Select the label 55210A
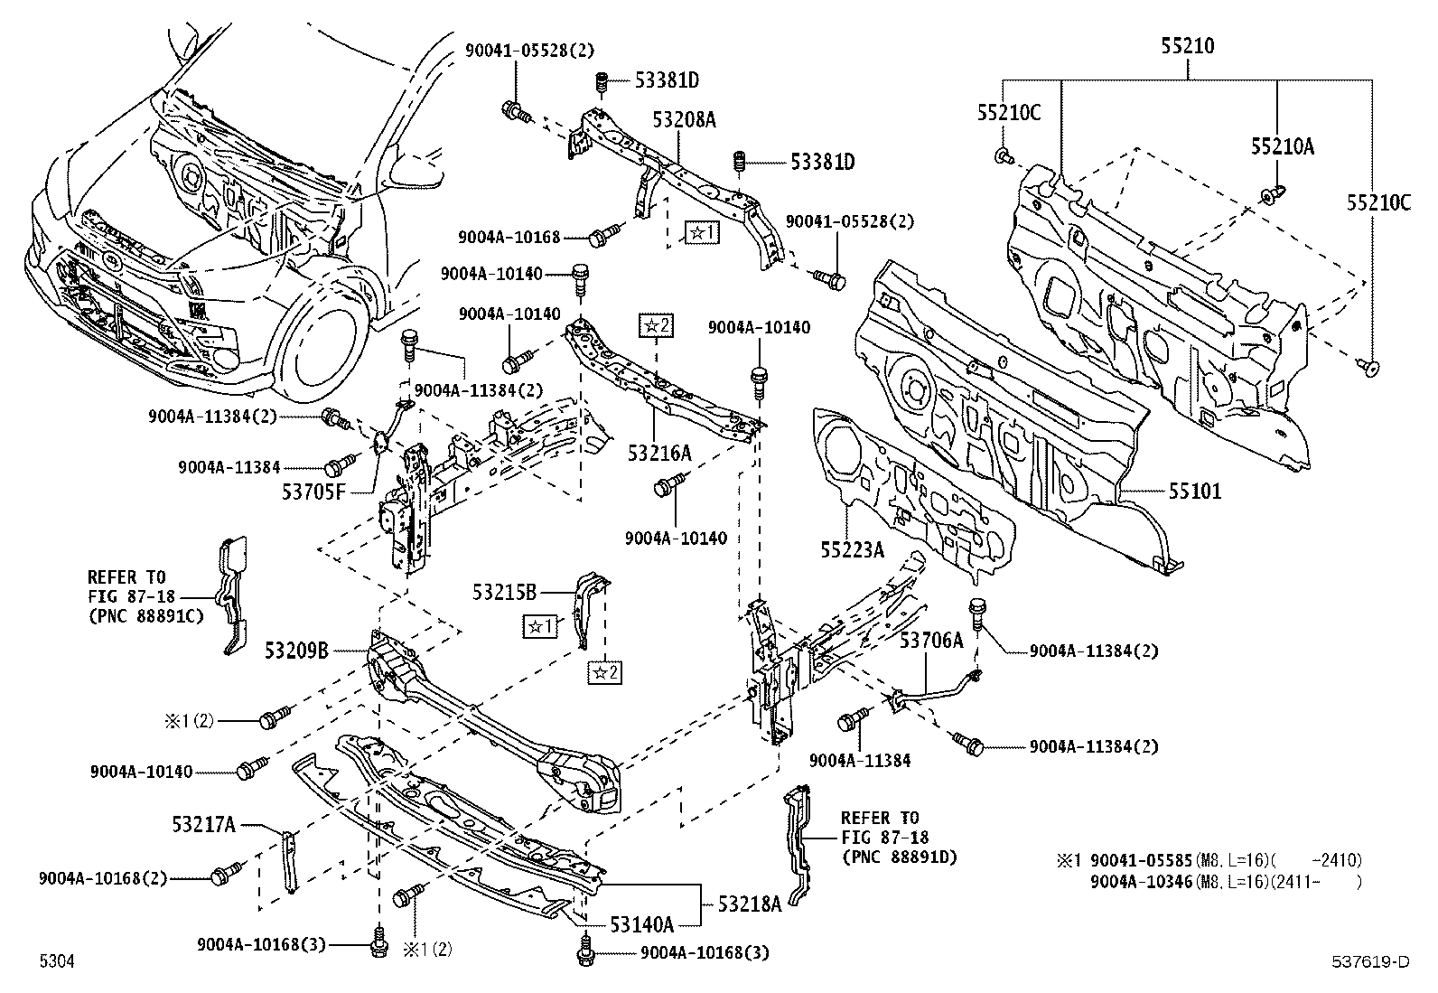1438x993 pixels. (x=1283, y=145)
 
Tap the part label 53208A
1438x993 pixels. (x=684, y=118)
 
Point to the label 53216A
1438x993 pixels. (x=659, y=452)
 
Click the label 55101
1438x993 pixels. (x=1194, y=492)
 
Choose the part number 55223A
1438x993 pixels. (x=852, y=548)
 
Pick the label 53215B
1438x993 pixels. (x=504, y=592)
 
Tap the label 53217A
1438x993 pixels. (x=204, y=824)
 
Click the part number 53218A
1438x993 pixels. (x=751, y=902)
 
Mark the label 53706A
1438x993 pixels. (x=931, y=641)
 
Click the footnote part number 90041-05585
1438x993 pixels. (x=1142, y=860)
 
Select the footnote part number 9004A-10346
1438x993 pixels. (x=1142, y=881)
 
